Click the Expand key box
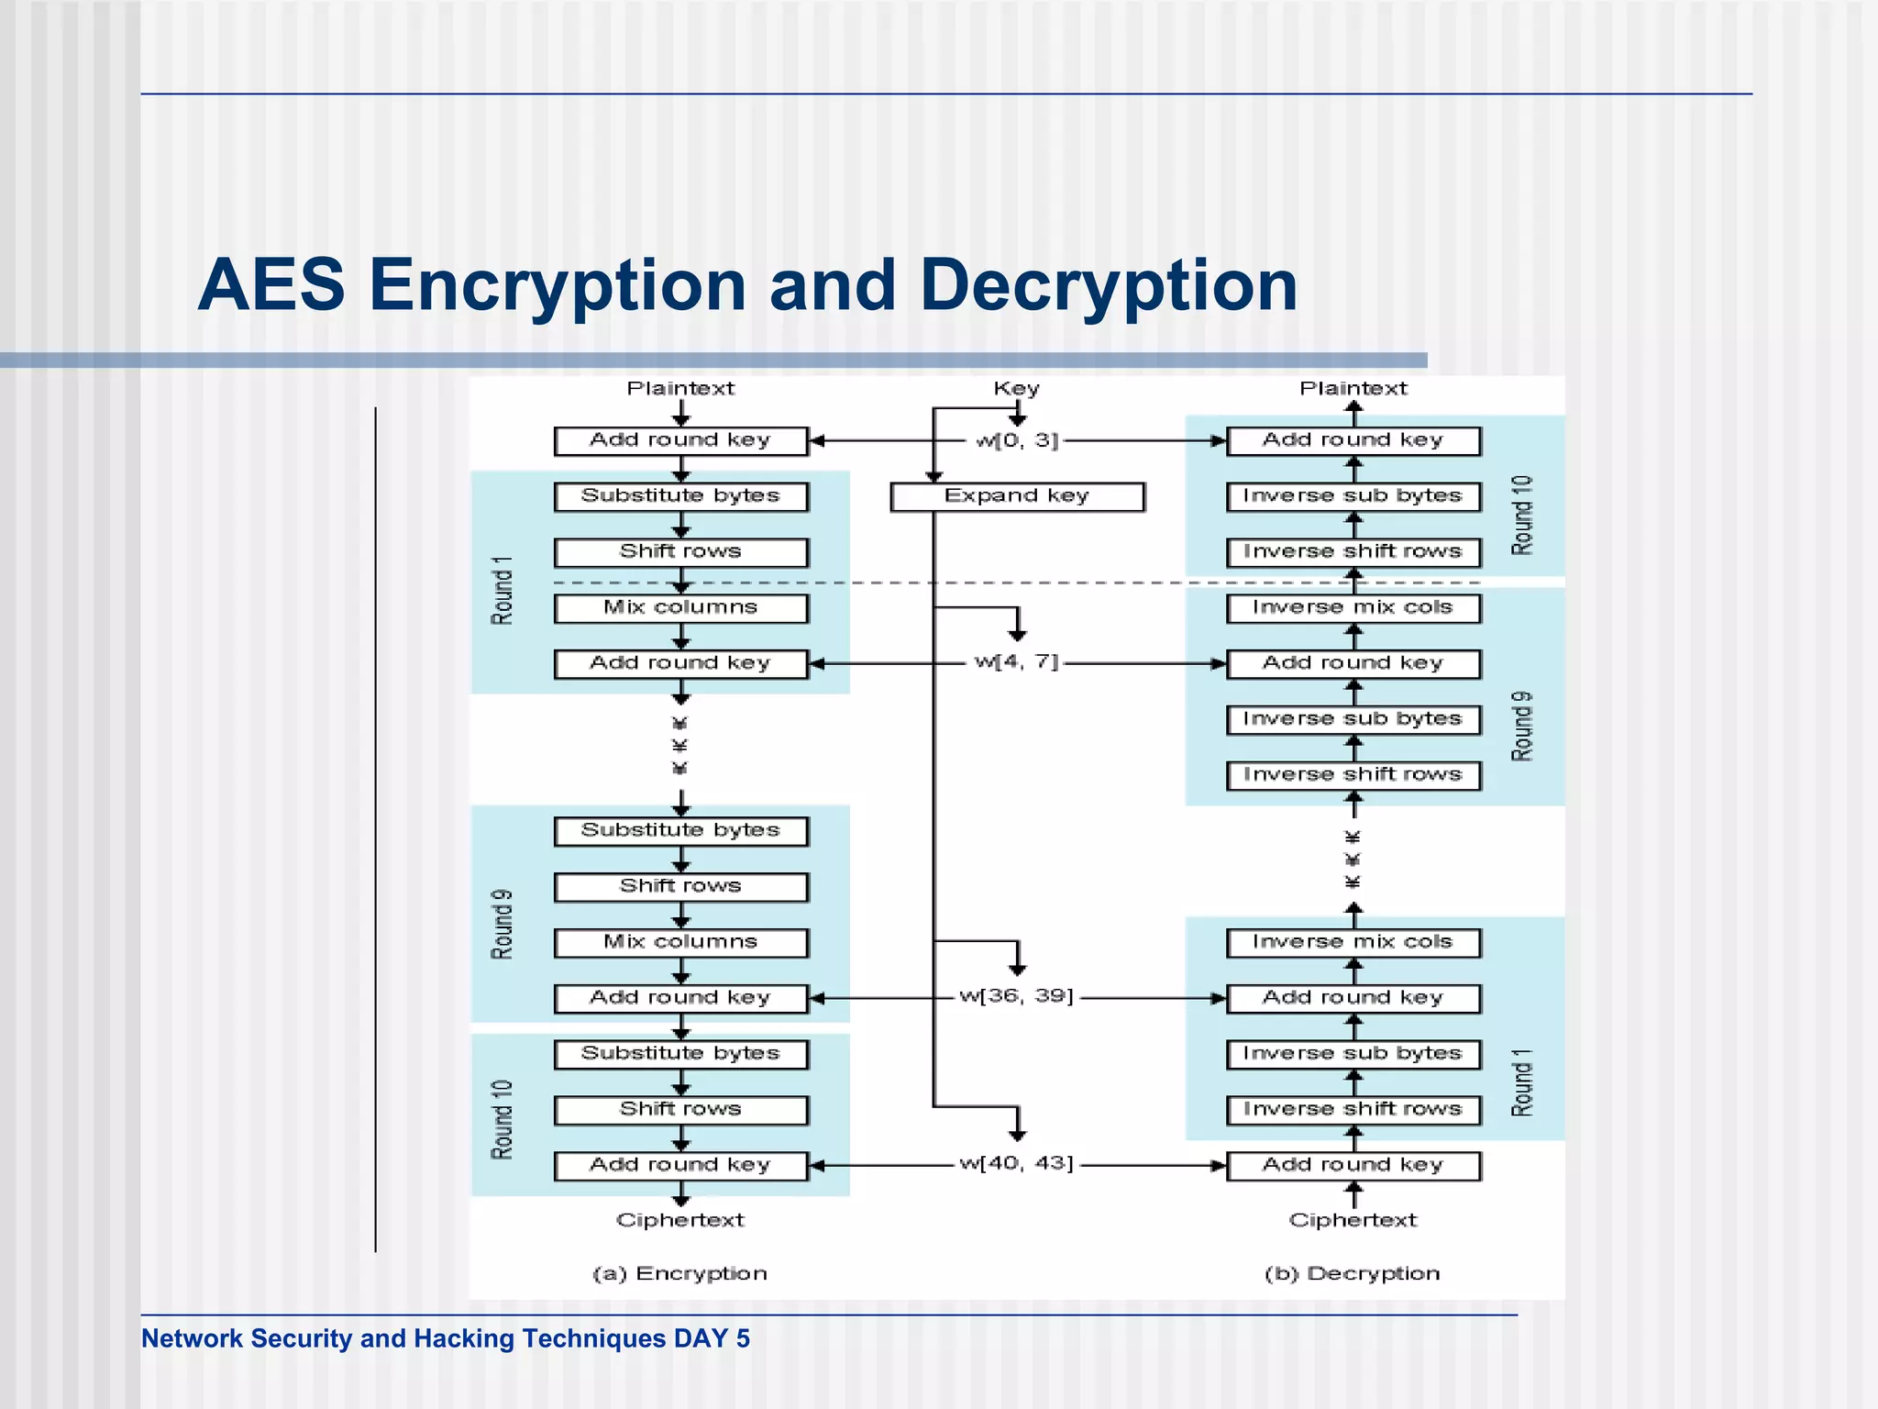click(x=1017, y=496)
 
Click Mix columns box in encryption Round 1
click(x=680, y=607)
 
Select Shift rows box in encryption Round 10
click(x=680, y=1109)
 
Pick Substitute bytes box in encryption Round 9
click(x=680, y=830)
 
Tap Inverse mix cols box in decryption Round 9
click(x=1353, y=607)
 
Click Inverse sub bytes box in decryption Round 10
click(x=1353, y=496)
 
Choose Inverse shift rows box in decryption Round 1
click(x=1353, y=1109)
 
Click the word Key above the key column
click(x=1016, y=389)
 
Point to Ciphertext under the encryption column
click(x=680, y=1220)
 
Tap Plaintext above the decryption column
click(x=1353, y=389)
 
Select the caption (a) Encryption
click(x=679, y=1273)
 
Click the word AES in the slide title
click(x=271, y=285)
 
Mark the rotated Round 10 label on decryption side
click(x=1521, y=515)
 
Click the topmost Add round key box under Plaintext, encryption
click(x=680, y=440)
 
